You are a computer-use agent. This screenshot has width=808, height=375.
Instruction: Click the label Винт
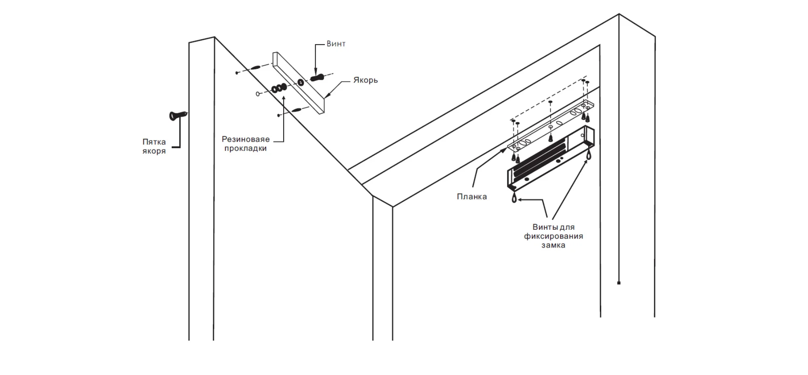coord(336,44)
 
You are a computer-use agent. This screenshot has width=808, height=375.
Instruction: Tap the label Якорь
coord(365,80)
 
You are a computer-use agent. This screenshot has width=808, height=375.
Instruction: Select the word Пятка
coord(154,142)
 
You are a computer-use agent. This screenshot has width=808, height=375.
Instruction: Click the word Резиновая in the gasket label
coord(246,139)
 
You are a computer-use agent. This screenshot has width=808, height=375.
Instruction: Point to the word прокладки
coord(246,148)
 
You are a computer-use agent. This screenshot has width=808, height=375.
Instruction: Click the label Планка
coord(472,197)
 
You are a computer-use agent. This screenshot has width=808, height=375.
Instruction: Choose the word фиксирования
coord(553,236)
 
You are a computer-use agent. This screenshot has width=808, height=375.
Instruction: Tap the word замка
coord(553,245)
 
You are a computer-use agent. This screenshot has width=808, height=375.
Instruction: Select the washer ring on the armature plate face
coord(301,83)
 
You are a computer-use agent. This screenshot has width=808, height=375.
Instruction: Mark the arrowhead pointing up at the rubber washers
coord(284,98)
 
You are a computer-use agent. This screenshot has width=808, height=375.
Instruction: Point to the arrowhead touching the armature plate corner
coord(326,96)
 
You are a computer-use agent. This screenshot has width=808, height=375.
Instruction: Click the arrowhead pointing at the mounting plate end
coord(504,150)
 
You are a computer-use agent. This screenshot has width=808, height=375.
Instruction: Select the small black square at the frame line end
coord(619,283)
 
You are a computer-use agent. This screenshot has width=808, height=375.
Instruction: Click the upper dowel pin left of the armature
coord(256,67)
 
